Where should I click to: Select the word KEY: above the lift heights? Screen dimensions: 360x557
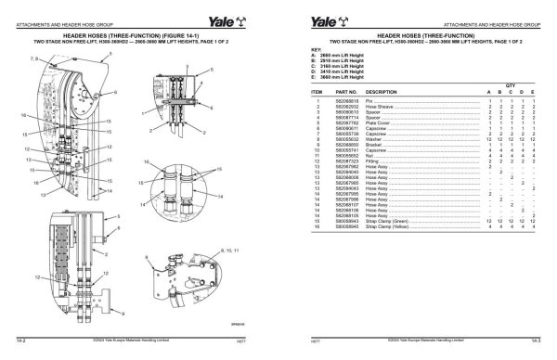pyautogui.click(x=316, y=49)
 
